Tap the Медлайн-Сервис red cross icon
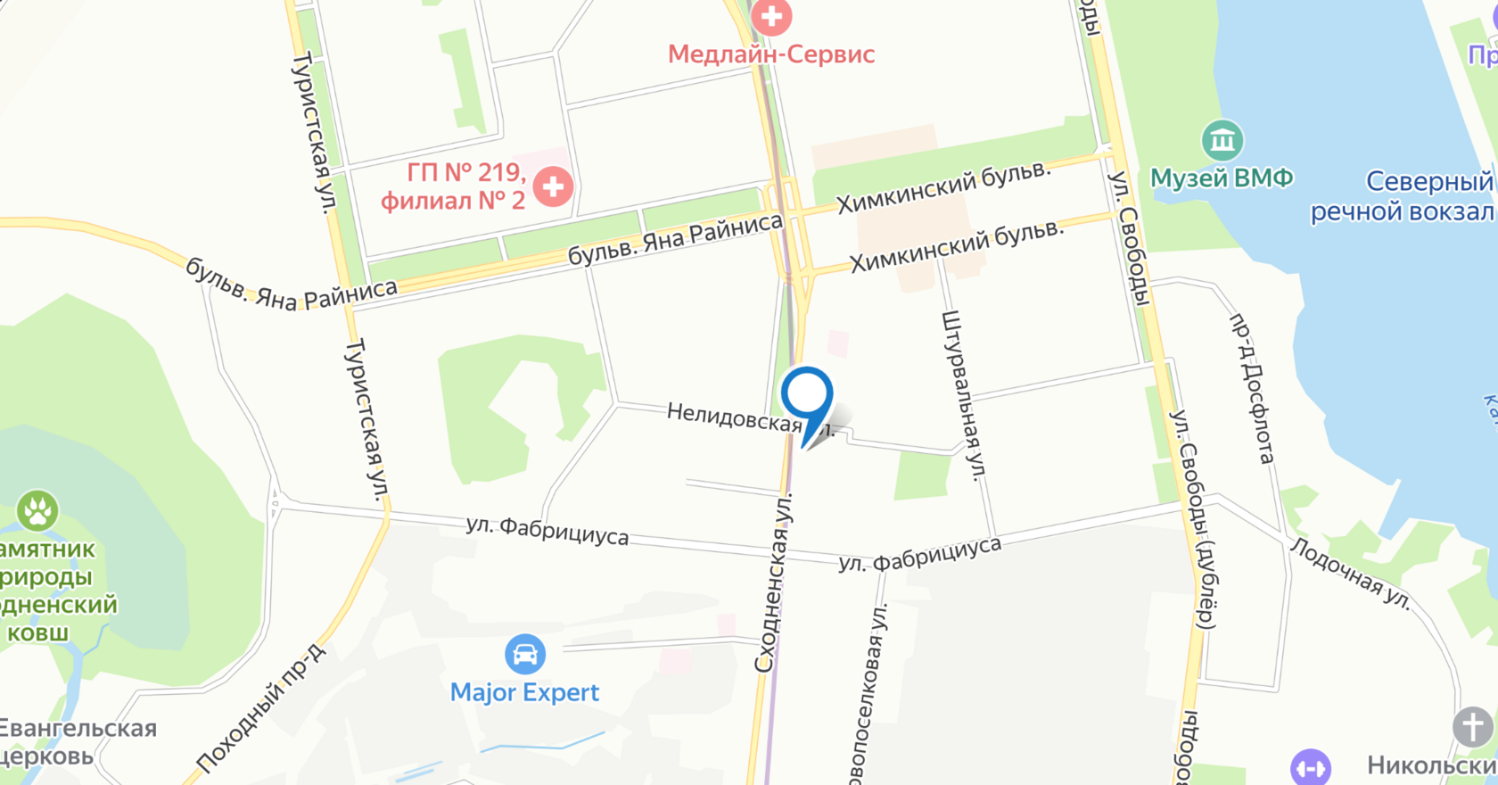point(771,15)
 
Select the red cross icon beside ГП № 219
point(553,186)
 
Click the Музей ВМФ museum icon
point(1222,140)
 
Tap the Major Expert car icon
point(524,655)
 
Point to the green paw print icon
point(37,511)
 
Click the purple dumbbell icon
point(1310,767)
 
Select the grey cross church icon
point(1472,727)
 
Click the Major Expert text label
point(524,692)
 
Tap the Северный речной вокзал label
point(1402,196)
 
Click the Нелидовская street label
point(735,417)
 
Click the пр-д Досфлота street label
point(1252,389)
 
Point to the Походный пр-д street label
point(260,708)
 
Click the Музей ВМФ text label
point(1221,178)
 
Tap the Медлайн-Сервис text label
point(771,54)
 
